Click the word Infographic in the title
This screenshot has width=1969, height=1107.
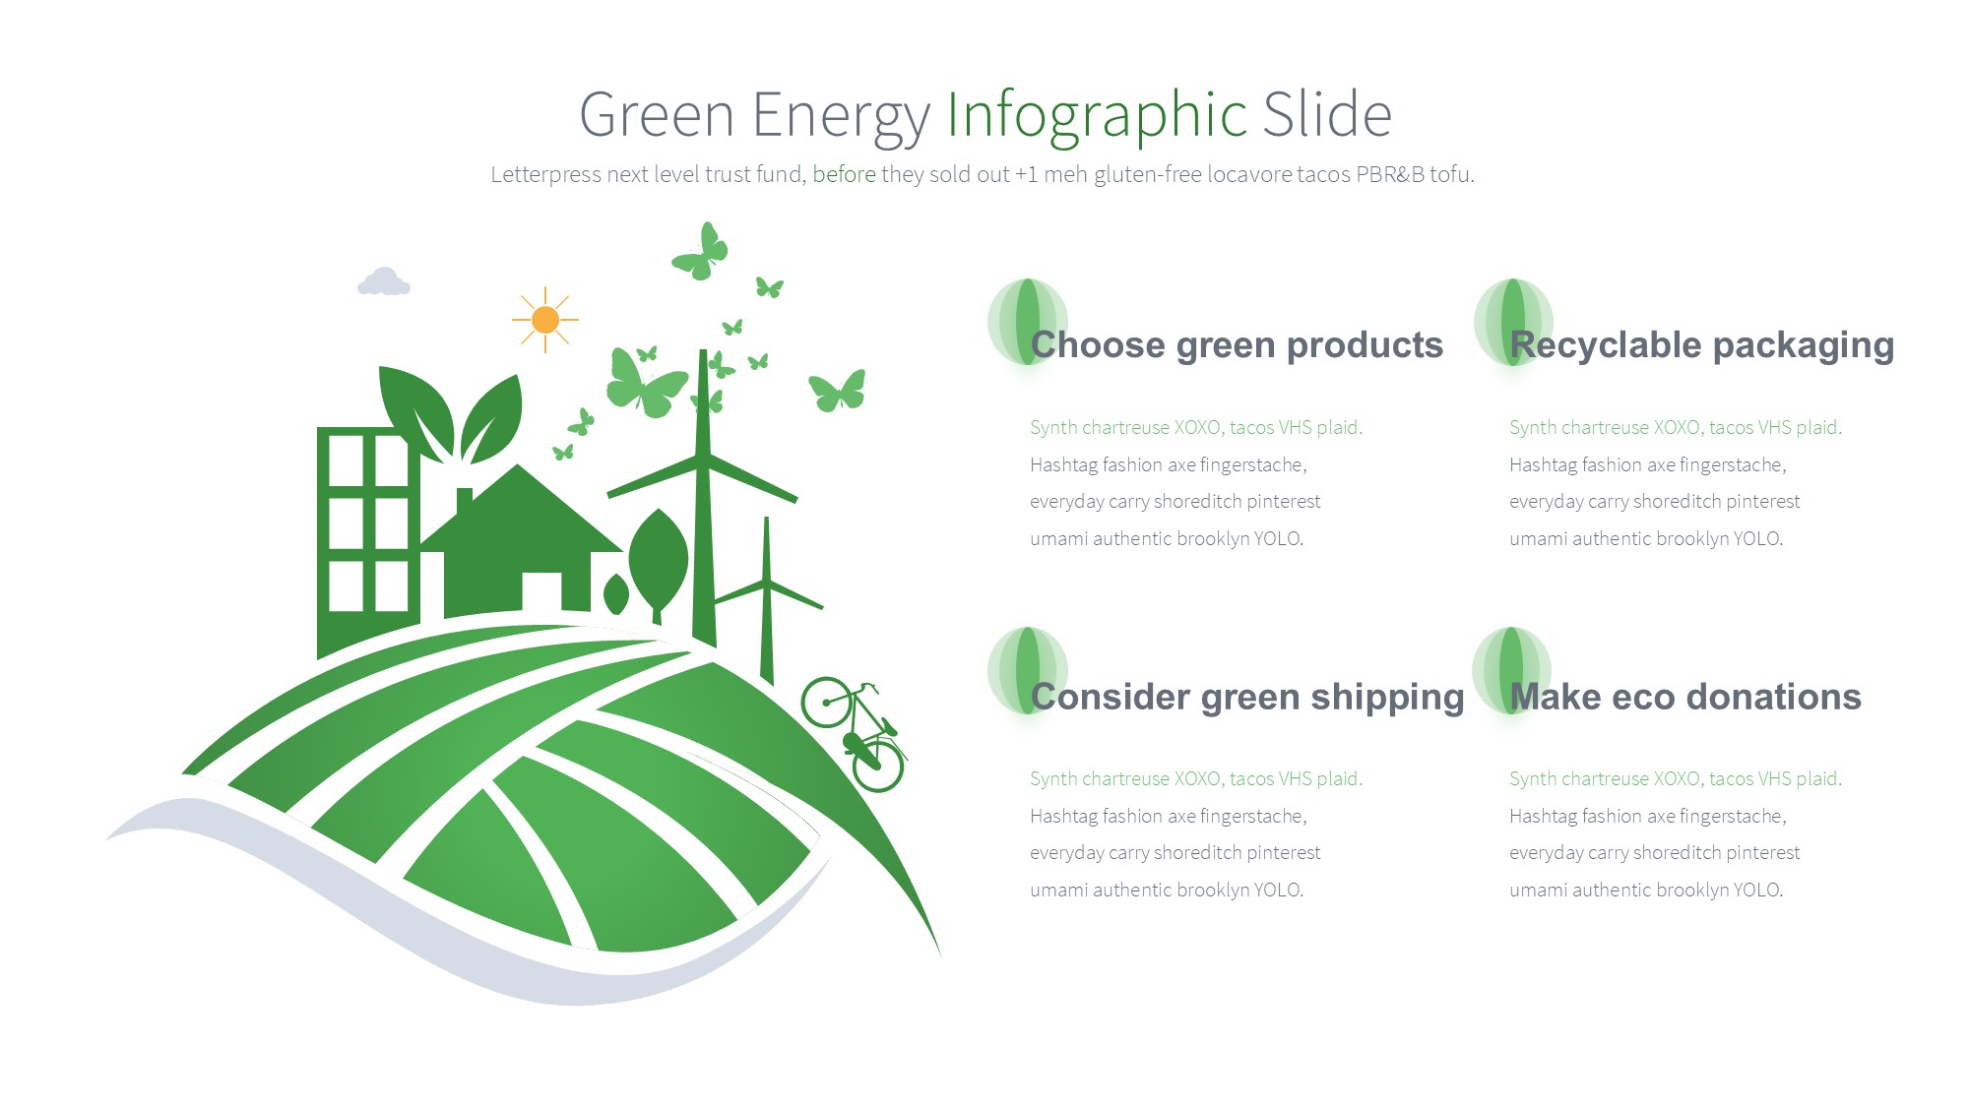(x=1097, y=116)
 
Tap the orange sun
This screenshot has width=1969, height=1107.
(x=545, y=320)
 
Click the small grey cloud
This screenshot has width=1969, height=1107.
(x=384, y=281)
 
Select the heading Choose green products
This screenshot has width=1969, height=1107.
(x=1237, y=345)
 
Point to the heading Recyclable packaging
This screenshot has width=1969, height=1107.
(x=1702, y=346)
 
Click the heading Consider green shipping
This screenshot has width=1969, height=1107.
(x=1247, y=698)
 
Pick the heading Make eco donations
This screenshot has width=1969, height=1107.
(x=1685, y=697)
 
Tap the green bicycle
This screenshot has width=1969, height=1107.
(x=854, y=734)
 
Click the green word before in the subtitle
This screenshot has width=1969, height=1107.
(x=844, y=174)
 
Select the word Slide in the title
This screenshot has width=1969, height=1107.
(x=1327, y=114)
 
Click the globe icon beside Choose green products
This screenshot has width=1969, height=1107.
(x=1027, y=322)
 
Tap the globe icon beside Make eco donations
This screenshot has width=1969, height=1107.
(x=1511, y=670)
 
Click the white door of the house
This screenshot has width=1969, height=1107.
(x=541, y=592)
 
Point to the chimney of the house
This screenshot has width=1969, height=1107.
(x=465, y=501)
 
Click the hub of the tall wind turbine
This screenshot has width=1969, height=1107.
(x=703, y=458)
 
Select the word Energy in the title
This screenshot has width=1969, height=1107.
(x=842, y=116)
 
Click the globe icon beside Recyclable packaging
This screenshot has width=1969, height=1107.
(x=1513, y=322)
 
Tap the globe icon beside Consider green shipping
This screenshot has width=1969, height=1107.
(x=1027, y=670)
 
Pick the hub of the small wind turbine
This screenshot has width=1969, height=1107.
(x=767, y=583)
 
